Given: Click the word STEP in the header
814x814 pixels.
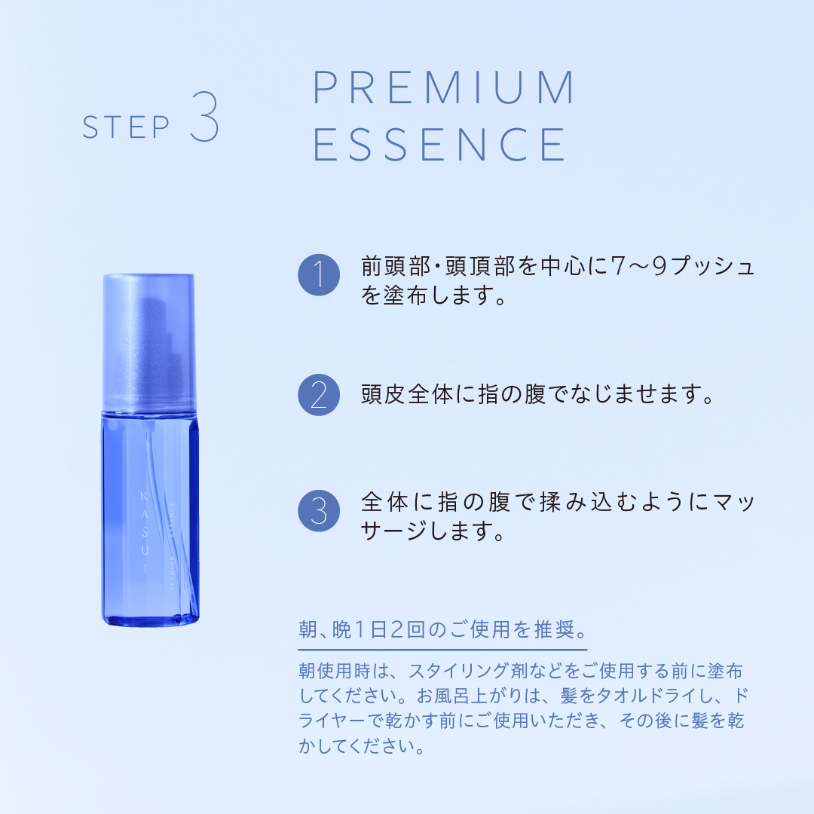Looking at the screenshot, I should click(126, 127).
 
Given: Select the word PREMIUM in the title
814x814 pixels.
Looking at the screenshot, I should click(444, 88).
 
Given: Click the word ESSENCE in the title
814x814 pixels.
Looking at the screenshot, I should click(439, 144).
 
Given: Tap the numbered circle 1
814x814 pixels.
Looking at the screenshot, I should click(319, 274).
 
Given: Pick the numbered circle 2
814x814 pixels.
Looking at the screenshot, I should click(319, 395).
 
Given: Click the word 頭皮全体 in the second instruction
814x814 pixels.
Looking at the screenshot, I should click(407, 395).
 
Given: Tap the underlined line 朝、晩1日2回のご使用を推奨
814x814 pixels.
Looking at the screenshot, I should click(442, 630).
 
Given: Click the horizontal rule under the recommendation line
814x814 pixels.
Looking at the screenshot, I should click(442, 649).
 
